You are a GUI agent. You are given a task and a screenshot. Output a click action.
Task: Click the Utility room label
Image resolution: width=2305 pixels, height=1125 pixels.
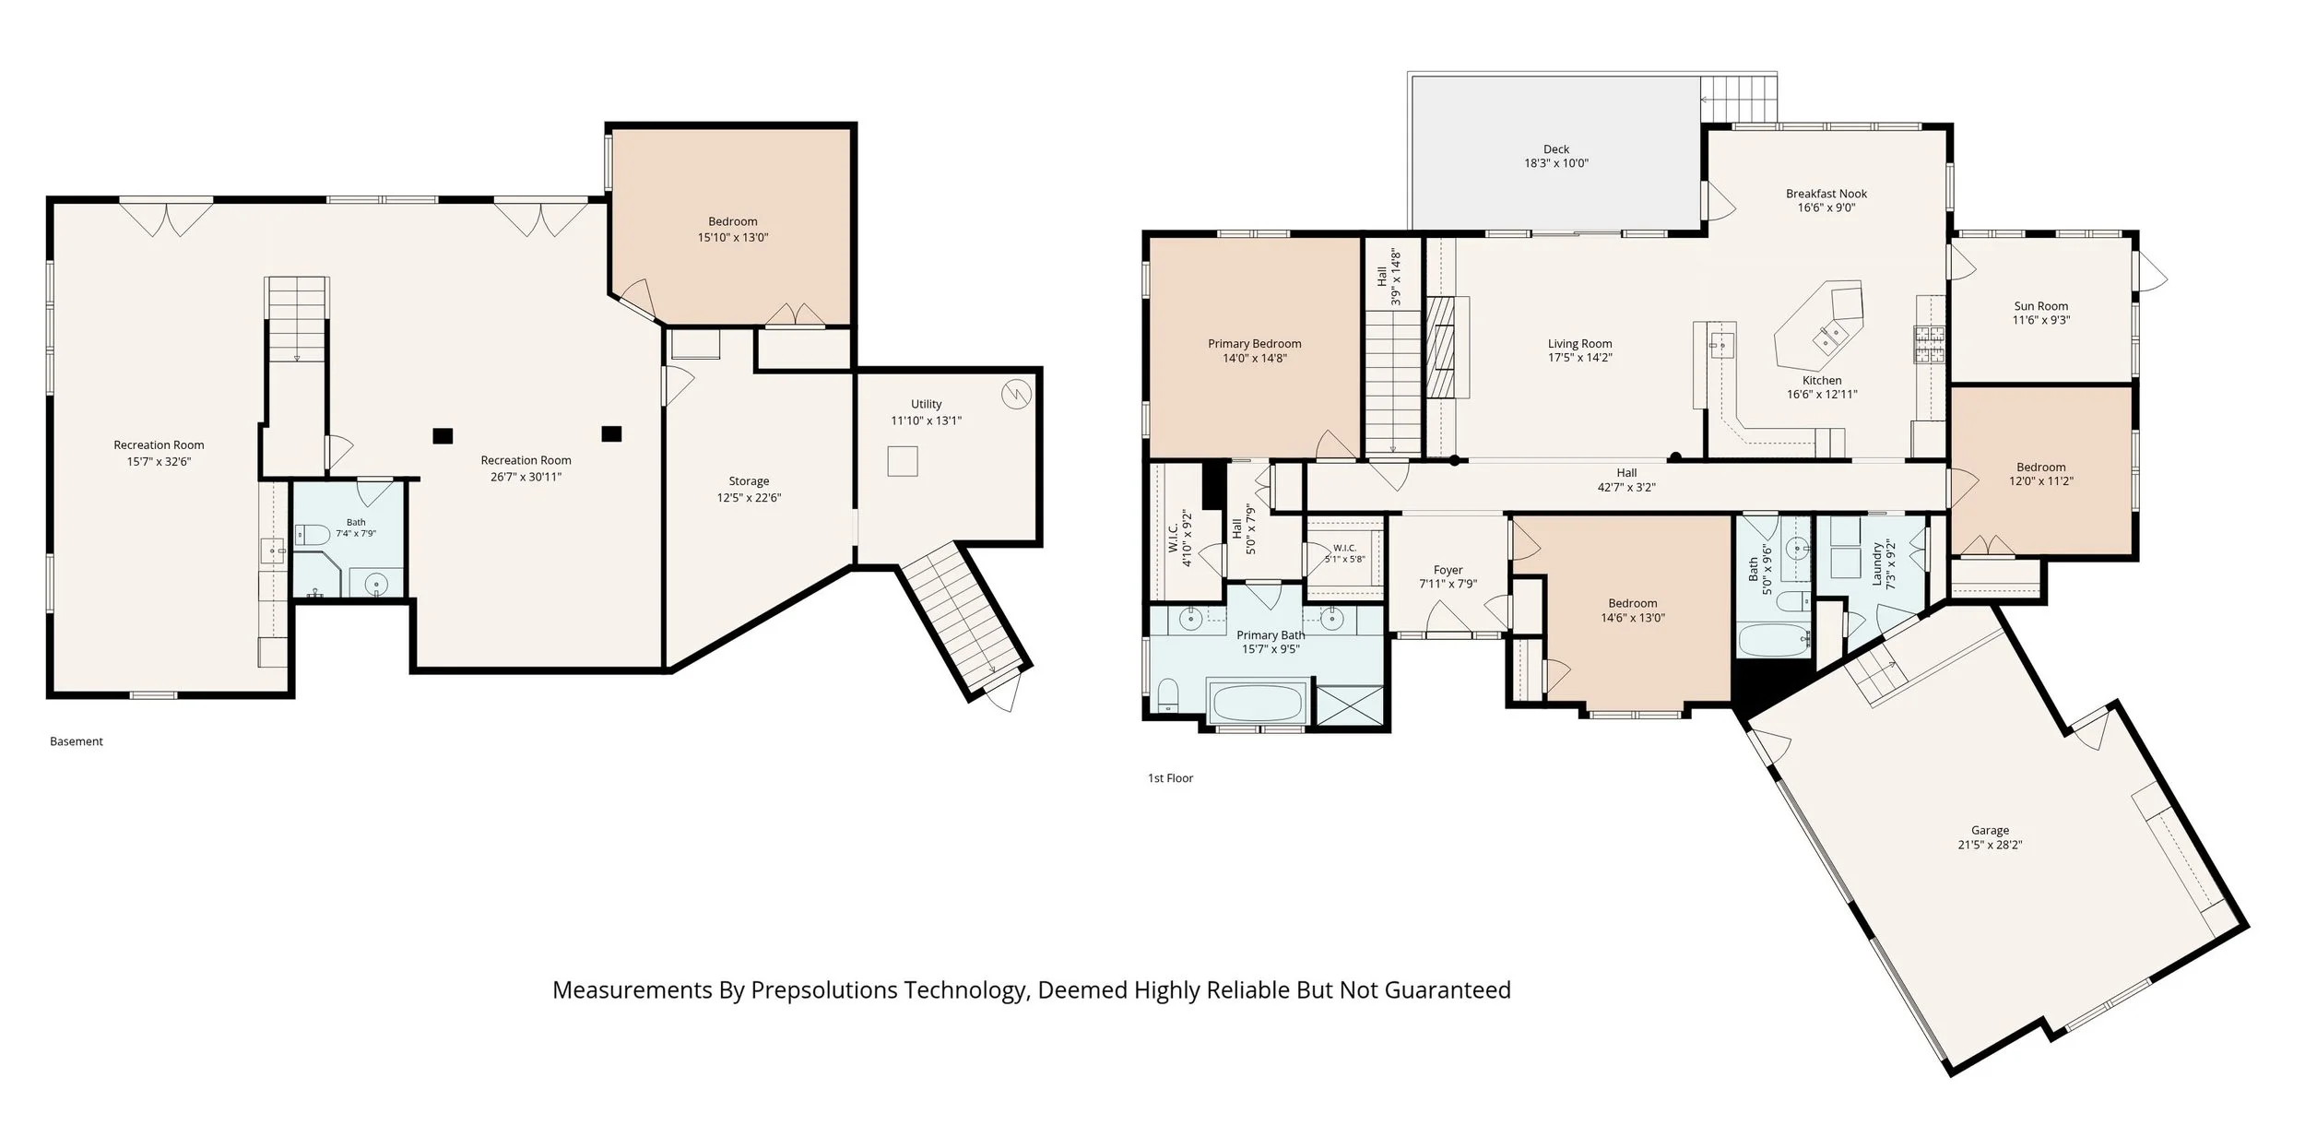click(927, 404)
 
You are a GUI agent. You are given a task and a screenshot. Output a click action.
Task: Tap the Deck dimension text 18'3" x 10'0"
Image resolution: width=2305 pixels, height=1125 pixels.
click(1556, 163)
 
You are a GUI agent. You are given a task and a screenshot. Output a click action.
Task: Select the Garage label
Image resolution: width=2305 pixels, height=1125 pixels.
click(1990, 830)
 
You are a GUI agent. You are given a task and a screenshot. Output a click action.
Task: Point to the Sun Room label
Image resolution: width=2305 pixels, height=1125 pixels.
click(2040, 306)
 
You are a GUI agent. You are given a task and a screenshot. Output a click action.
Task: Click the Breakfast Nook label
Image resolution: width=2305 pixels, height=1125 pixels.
click(1826, 194)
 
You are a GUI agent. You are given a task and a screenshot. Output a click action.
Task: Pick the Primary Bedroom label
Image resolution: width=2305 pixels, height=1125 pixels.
click(1255, 344)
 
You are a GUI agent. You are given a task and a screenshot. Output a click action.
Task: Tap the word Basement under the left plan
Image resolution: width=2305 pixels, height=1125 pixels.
click(77, 741)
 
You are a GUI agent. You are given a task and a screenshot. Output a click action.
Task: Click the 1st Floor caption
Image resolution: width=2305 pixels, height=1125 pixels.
click(1170, 778)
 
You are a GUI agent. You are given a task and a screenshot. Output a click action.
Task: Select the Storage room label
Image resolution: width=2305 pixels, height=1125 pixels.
click(749, 481)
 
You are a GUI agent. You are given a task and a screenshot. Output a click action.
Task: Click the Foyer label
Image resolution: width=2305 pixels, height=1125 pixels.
click(1448, 570)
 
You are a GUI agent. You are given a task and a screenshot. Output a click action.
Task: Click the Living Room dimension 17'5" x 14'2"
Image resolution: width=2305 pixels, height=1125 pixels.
click(1580, 358)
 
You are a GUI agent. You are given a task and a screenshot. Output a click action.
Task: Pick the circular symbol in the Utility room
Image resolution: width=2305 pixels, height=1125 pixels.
click(1015, 395)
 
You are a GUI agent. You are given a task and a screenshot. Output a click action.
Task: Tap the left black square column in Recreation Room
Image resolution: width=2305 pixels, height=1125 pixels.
click(443, 436)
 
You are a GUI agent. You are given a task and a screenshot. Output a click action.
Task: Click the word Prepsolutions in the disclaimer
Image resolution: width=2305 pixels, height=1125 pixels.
click(824, 991)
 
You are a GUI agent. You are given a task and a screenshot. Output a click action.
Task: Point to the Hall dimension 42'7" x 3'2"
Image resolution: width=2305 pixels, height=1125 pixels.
click(1626, 488)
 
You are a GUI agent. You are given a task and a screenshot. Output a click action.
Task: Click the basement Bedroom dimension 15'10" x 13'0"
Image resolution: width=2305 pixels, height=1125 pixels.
click(733, 238)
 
